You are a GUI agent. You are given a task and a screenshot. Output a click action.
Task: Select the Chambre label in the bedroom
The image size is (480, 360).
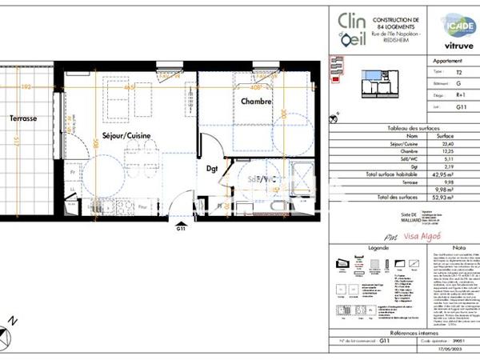point(257,102)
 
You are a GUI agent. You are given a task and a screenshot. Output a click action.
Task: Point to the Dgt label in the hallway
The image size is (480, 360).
point(212,169)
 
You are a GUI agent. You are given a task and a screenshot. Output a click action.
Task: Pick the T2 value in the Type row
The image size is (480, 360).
point(458,71)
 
